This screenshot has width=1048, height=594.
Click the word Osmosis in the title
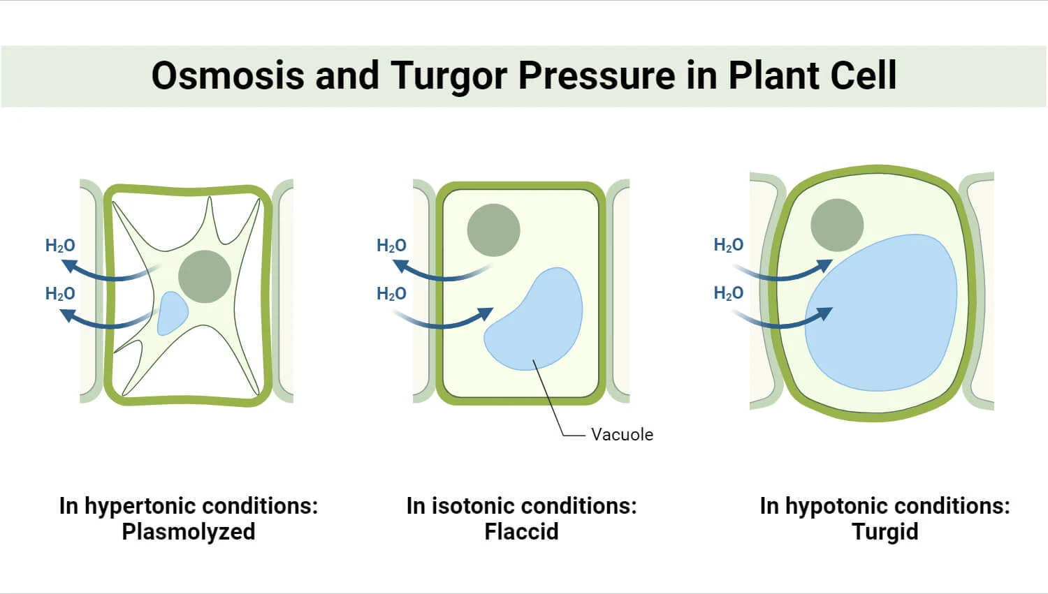point(228,75)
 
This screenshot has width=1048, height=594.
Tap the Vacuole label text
point(622,434)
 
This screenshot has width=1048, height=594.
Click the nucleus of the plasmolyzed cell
point(205,276)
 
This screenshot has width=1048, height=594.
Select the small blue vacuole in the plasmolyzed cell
point(171,313)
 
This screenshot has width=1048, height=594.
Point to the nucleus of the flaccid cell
point(493,230)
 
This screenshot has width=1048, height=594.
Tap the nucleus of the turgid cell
point(837,225)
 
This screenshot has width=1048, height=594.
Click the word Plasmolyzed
point(189,532)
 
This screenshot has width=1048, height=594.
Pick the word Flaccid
point(521,532)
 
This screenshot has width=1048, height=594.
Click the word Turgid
point(885,532)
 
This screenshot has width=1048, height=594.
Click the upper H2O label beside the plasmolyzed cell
point(60,246)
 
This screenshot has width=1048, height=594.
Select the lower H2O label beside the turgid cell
point(728,293)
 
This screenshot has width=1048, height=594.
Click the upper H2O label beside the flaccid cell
point(391,246)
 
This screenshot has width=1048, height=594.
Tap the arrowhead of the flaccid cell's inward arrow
point(486,314)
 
